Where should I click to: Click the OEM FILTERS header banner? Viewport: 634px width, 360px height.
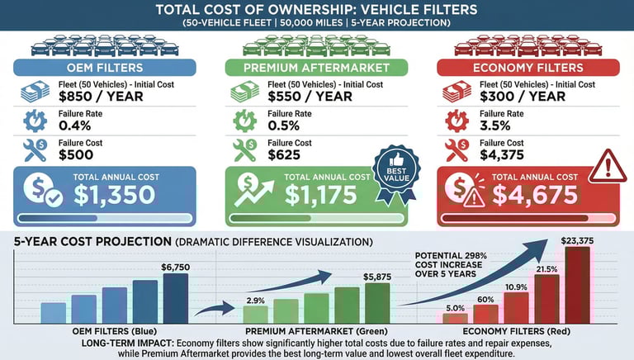tap(105, 68)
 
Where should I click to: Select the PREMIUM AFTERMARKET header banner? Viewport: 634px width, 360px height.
tap(317, 68)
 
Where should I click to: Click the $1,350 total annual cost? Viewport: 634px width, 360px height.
tap(114, 195)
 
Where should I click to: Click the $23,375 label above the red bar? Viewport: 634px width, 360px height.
tap(577, 240)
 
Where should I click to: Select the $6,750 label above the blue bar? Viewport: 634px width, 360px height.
tap(175, 268)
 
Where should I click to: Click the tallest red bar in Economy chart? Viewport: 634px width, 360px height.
tap(577, 285)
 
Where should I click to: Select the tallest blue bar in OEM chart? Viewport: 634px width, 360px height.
tap(175, 298)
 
